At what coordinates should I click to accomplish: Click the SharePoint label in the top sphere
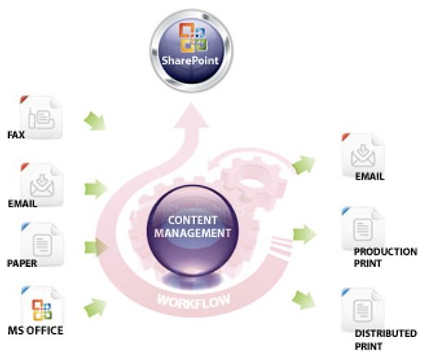pos(190,60)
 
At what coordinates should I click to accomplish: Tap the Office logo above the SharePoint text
pos(193,38)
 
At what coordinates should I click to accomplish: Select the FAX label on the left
pos(16,135)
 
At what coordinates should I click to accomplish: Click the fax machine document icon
pos(42,117)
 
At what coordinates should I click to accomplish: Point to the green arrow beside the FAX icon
pos(95,121)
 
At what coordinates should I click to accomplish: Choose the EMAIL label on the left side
pos(22,204)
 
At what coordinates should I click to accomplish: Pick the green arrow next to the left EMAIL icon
pos(95,189)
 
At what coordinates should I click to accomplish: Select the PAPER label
pos(22,264)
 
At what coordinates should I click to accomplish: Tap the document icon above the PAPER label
pos(42,244)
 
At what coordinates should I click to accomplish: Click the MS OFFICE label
pos(35,331)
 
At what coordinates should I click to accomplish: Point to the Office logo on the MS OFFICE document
pos(42,310)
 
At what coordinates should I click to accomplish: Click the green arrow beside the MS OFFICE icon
pos(95,308)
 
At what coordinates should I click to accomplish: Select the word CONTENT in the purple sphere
pos(193,220)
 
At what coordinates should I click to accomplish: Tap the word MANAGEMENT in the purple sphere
pos(193,233)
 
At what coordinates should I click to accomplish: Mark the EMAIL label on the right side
pos(370,176)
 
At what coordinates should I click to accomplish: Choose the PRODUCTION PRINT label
pos(385,257)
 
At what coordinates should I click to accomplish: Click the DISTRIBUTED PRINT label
pos(386,340)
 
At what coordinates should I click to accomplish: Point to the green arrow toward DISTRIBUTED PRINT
pos(303,300)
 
